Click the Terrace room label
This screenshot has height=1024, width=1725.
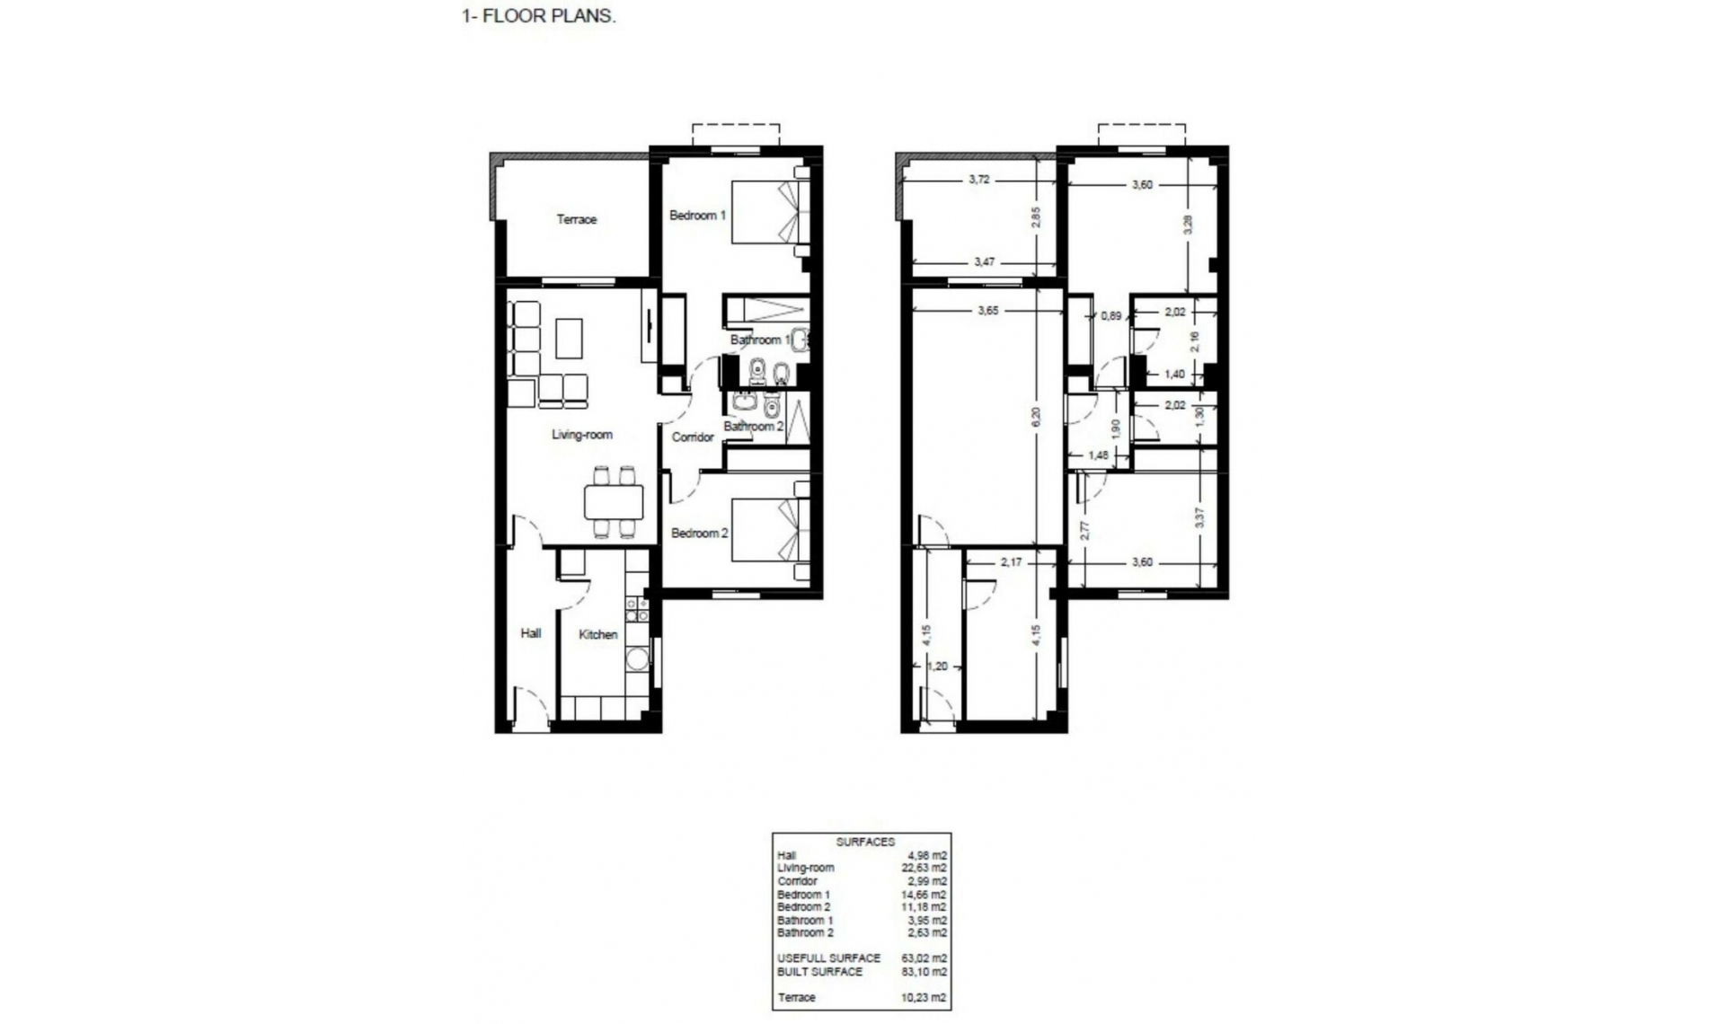coord(576,219)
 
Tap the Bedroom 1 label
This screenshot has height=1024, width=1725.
coord(697,216)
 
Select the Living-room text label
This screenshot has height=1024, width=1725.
coord(582,435)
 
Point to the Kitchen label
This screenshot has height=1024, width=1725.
coord(597,634)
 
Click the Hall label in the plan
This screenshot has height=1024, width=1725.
coord(531,633)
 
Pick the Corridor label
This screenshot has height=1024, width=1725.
coord(693,437)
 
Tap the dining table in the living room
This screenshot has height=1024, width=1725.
coord(614,502)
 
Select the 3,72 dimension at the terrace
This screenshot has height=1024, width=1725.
coord(978,180)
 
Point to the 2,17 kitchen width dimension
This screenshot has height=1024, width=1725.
coord(1011,562)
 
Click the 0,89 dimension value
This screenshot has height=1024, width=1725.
coord(1111,316)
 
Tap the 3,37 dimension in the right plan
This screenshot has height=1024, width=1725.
coord(1200,516)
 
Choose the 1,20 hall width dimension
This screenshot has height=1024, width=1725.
coord(937,666)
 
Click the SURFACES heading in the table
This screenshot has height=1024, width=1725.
coord(865,842)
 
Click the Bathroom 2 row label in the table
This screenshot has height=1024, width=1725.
coord(805,932)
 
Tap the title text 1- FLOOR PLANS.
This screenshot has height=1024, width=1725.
coord(539,16)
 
